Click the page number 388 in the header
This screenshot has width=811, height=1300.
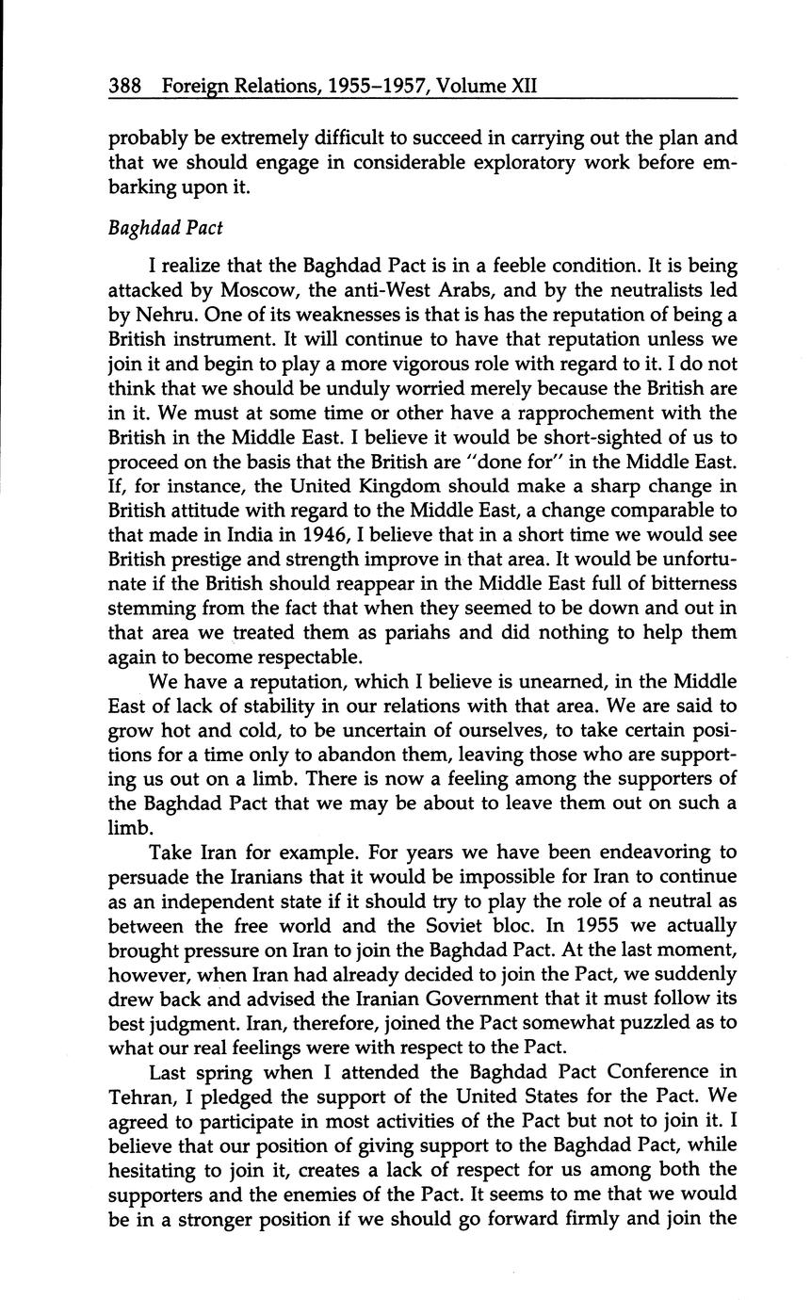click(124, 87)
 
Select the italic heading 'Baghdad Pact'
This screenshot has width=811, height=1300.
click(166, 229)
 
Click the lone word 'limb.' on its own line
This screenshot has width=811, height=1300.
click(130, 828)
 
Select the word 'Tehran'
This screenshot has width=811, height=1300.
click(138, 1097)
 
